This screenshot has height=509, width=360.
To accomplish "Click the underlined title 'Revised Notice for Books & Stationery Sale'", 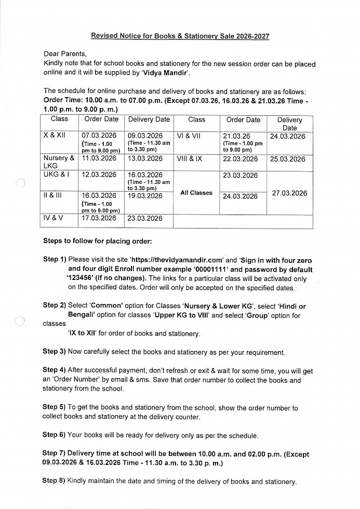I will coord(180,36).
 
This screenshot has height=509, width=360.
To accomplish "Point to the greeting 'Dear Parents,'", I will coord(66,53).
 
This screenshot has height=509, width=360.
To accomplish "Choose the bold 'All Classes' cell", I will coord(196,193).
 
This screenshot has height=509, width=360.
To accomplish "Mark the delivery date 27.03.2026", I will coord(289,193).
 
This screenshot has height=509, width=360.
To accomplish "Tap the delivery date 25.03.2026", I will coord(288,159).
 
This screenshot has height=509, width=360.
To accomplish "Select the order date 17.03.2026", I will coord(99,218).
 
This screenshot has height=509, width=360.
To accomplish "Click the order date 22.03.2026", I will coord(240,159).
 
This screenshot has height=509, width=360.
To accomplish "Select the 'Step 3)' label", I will coord(54,352).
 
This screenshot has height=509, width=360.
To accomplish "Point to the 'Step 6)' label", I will coord(54,435).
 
